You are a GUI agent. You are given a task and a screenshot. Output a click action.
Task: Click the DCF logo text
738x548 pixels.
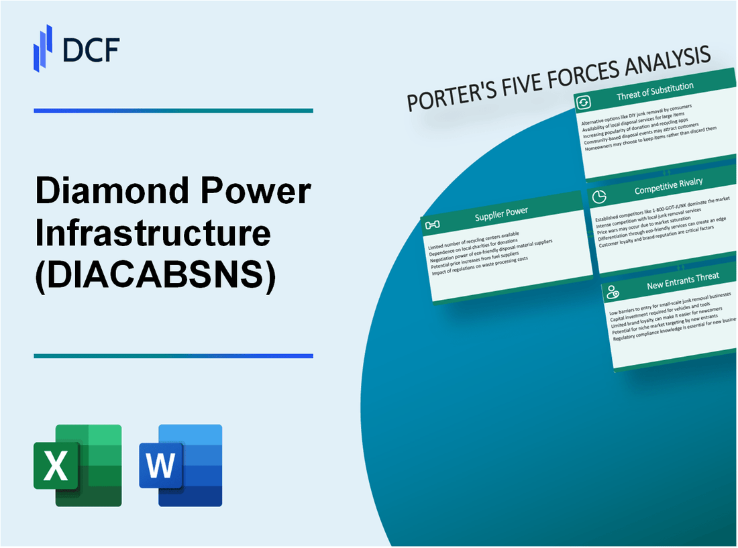click(x=91, y=49)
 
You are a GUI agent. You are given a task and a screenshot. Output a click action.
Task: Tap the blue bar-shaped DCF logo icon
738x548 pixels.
click(x=43, y=48)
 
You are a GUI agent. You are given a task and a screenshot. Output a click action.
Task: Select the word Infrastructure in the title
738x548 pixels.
click(x=153, y=235)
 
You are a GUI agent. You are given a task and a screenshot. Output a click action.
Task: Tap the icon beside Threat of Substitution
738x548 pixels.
click(x=584, y=102)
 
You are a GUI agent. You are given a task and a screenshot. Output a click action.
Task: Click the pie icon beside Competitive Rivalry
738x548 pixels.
click(x=599, y=197)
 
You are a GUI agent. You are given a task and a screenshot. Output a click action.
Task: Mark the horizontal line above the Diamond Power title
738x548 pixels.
click(x=173, y=111)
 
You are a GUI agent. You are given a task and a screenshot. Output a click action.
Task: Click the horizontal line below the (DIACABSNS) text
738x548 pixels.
click(x=173, y=356)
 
